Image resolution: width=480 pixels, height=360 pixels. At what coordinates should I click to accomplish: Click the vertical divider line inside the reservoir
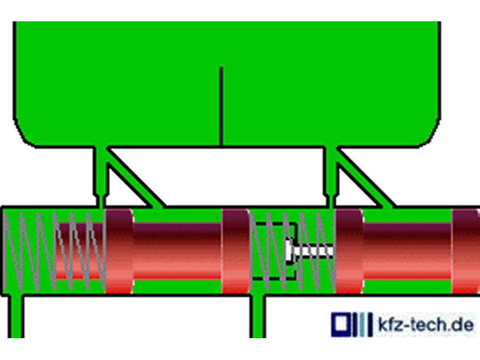221,106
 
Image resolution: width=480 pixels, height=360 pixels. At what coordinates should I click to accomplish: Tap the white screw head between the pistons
289,251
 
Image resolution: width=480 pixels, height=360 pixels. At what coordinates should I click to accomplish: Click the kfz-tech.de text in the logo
426,324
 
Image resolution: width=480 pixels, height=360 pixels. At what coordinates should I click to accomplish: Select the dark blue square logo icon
340,324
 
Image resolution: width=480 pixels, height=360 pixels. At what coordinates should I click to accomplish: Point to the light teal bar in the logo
362,324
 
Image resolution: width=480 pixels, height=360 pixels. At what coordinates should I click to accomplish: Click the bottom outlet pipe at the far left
15,317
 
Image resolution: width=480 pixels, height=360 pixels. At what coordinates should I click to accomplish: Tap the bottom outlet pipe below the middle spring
258,317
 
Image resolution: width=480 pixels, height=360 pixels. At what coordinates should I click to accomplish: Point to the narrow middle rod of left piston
177,251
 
